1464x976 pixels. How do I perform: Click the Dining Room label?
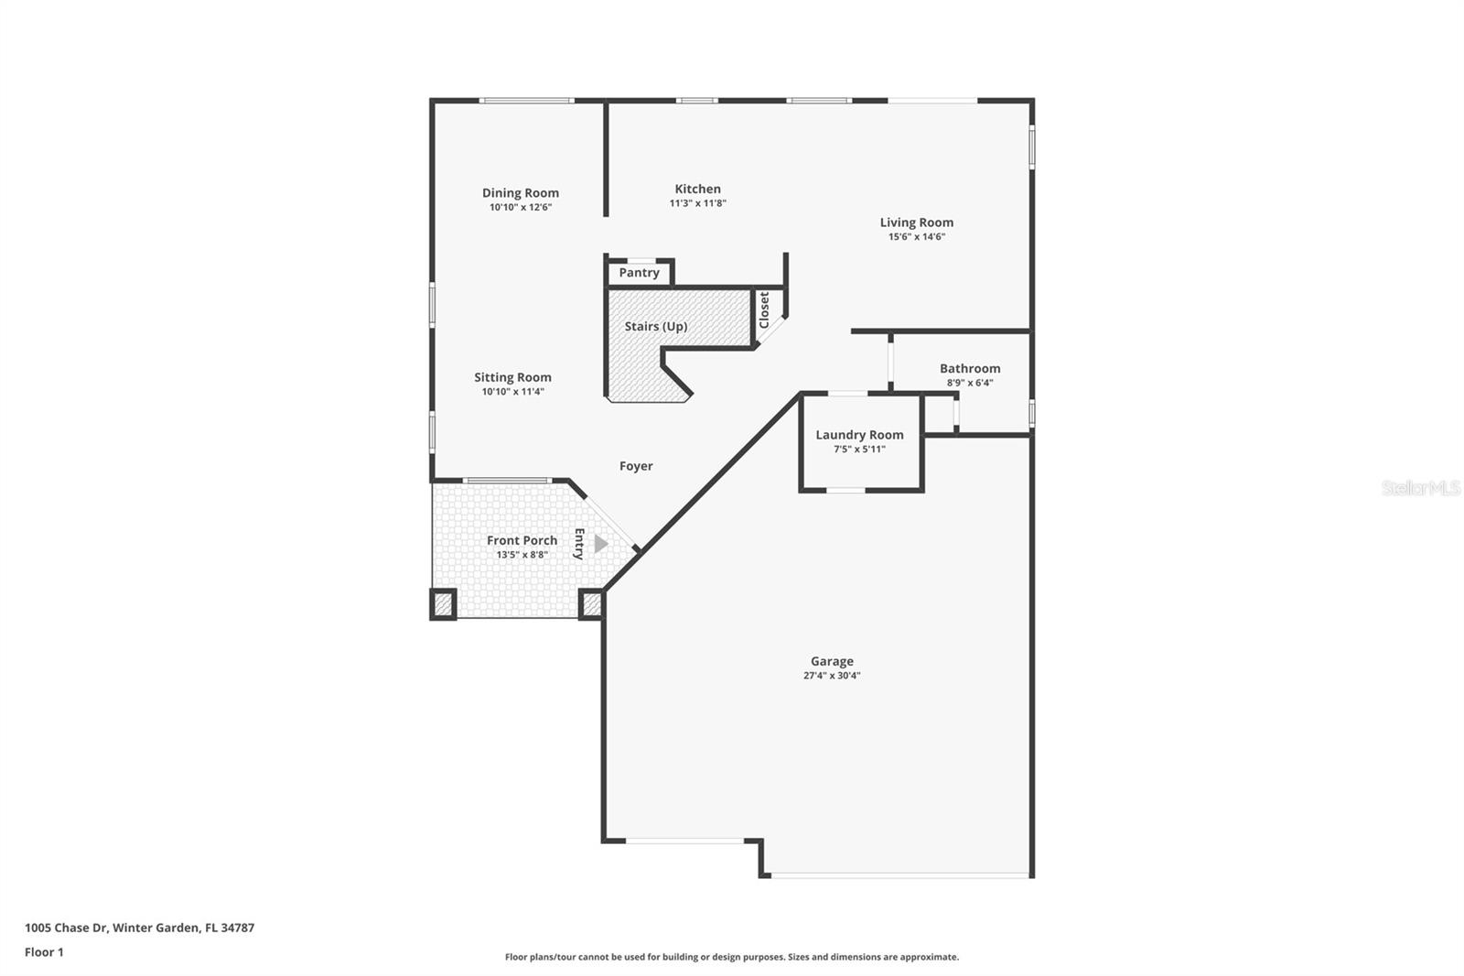(520, 192)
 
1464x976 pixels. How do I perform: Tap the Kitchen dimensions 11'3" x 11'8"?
(697, 203)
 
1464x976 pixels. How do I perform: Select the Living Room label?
(916, 222)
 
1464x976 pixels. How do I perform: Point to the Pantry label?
(639, 273)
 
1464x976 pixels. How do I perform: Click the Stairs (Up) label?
(655, 326)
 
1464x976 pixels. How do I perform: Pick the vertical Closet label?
(764, 309)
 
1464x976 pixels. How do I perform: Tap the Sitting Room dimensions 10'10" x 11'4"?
(512, 392)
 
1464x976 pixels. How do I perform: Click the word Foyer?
(636, 466)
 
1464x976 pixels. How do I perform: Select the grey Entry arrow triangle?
(600, 544)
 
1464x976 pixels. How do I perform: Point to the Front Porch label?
(522, 540)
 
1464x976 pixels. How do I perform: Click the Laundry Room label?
(859, 435)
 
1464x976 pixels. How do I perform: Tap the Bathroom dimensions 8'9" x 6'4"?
(969, 383)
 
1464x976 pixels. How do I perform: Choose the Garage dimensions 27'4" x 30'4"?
(832, 676)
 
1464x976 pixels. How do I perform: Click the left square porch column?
(443, 604)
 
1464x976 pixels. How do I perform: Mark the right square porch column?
(591, 604)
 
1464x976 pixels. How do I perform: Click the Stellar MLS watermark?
(1420, 488)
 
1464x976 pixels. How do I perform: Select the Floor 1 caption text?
(44, 952)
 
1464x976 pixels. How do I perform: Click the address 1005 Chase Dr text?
(139, 927)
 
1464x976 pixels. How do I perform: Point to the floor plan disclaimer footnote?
(731, 957)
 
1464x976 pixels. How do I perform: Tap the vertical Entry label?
(579, 544)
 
